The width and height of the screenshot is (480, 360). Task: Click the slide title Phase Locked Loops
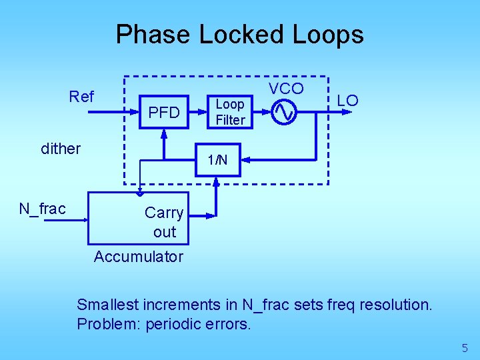[x=239, y=34]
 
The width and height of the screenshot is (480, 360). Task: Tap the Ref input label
[x=81, y=97]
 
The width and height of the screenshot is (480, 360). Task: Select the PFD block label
[x=164, y=113]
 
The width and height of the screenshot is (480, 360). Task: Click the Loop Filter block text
[x=230, y=112]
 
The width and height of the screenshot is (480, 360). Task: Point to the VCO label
[x=286, y=89]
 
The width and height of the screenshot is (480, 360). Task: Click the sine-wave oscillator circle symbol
[x=283, y=112]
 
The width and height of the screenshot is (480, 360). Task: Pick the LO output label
[x=347, y=101]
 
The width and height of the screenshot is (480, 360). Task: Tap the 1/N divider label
[x=217, y=160]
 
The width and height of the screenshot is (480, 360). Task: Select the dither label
[x=61, y=149]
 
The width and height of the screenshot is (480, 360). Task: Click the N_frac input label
[x=42, y=209]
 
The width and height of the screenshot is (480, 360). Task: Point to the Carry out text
[x=164, y=222]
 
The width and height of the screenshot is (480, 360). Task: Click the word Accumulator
[x=138, y=257]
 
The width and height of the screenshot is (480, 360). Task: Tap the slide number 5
[x=465, y=347]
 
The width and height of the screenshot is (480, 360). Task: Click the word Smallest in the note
[x=105, y=305]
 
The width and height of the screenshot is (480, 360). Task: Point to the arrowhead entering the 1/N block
[x=245, y=160]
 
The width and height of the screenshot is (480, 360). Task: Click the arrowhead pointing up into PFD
[x=163, y=133]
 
